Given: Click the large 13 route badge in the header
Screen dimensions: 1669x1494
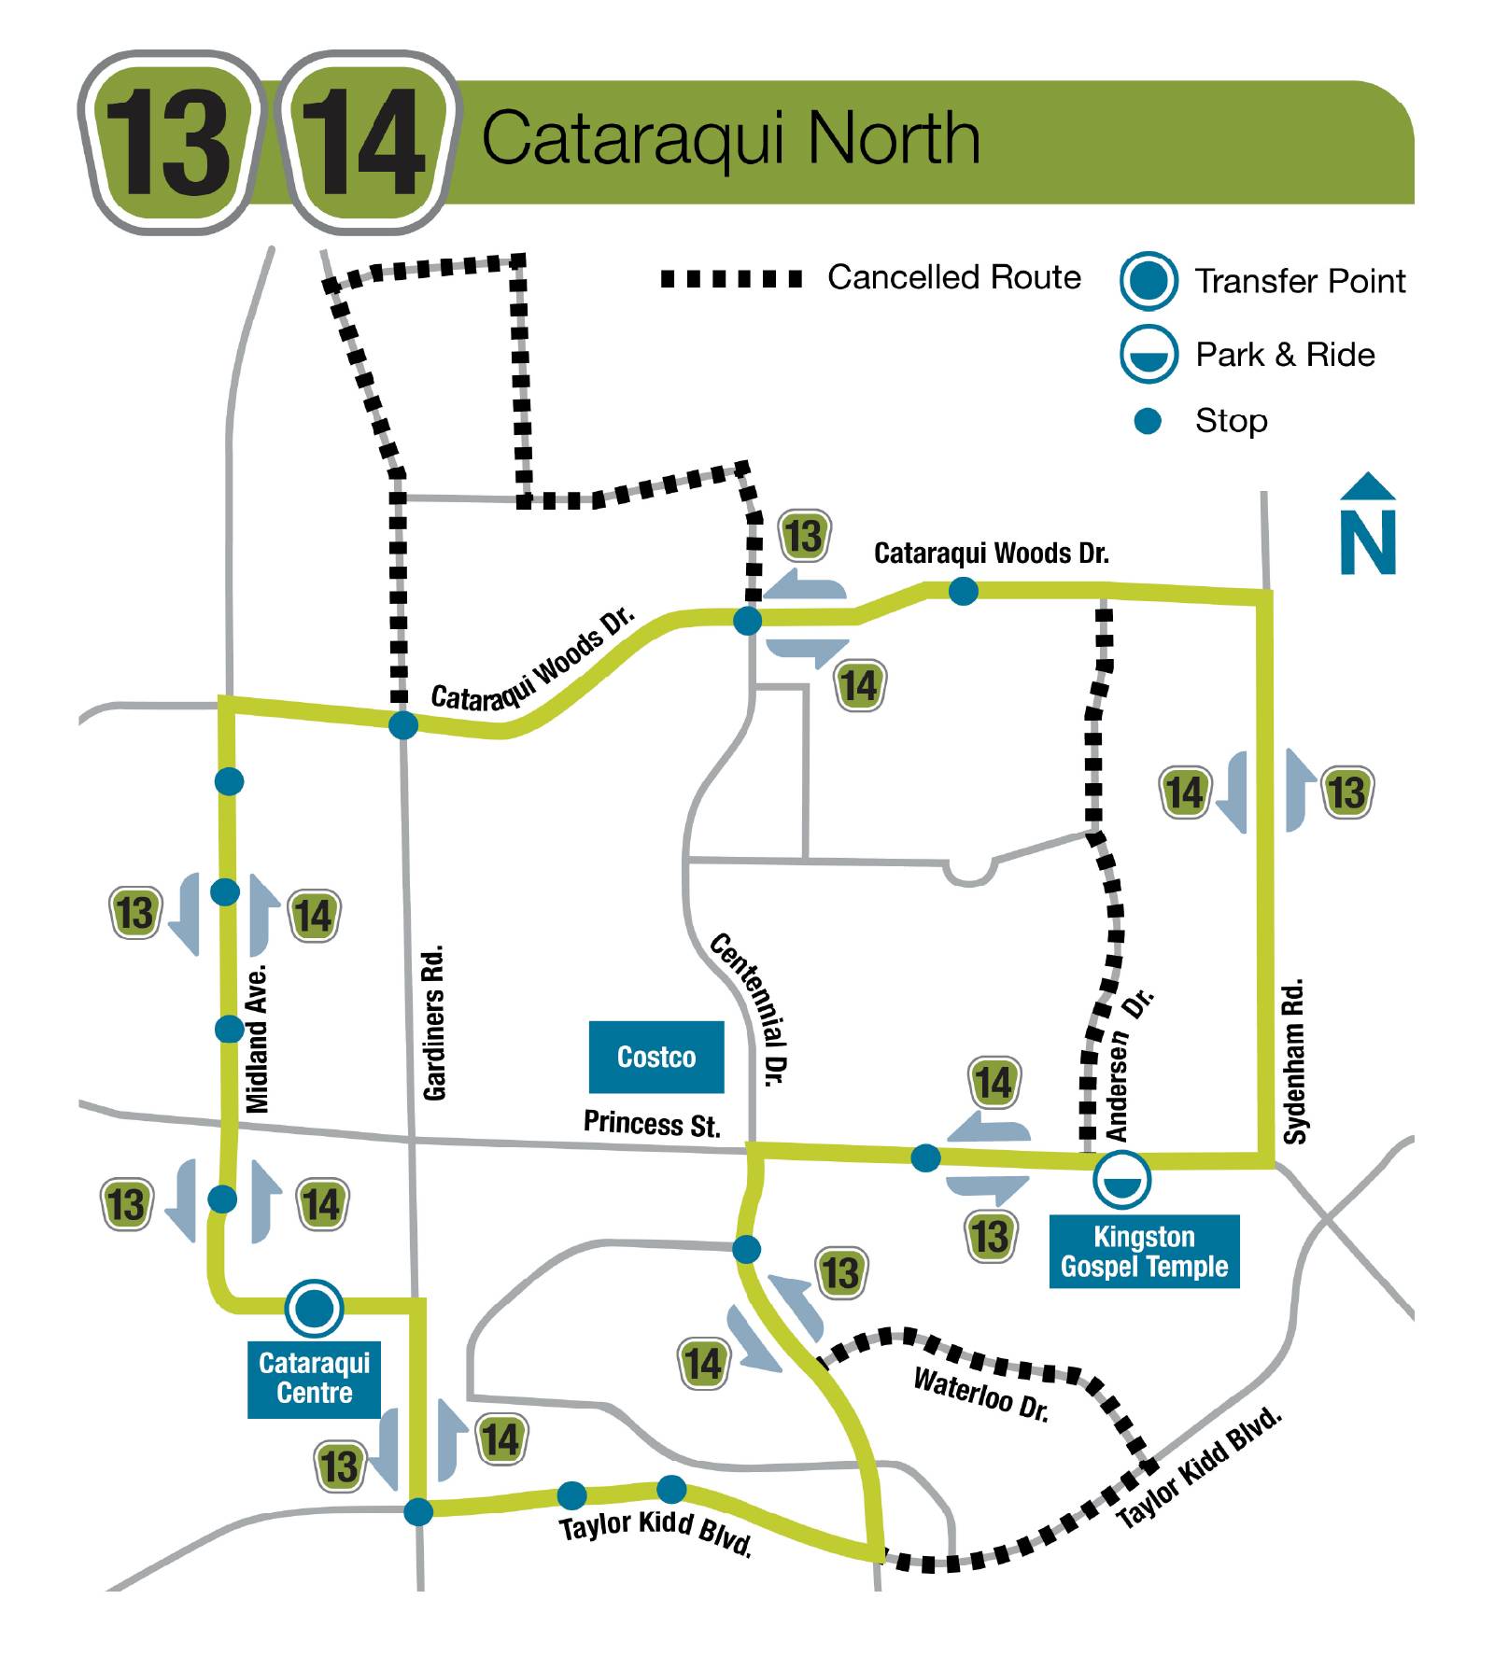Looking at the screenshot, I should tap(169, 143).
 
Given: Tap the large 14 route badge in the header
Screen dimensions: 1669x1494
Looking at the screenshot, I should tap(367, 143).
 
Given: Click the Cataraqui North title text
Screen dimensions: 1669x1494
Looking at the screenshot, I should tap(730, 138).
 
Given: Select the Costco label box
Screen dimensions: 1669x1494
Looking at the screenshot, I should tap(656, 1057).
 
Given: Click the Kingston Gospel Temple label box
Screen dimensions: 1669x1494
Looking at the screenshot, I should tap(1144, 1252).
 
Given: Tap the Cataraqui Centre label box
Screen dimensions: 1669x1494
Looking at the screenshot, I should tap(314, 1378).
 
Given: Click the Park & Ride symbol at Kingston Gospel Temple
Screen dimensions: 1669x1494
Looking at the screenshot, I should tap(1121, 1179).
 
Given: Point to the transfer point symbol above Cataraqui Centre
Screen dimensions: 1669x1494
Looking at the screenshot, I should tap(314, 1308).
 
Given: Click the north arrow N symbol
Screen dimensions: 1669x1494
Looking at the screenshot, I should tap(1368, 526).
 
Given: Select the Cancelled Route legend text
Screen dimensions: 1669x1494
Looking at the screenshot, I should tap(953, 277).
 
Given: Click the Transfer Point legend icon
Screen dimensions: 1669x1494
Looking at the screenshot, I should tap(1148, 280).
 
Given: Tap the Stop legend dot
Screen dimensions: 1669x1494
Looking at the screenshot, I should tap(1147, 421).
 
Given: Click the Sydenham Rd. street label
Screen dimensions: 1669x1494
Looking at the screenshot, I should tap(1294, 1061).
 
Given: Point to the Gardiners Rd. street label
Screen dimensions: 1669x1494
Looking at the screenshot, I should tap(434, 1022).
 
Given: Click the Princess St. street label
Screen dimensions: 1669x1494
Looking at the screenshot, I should tap(652, 1123).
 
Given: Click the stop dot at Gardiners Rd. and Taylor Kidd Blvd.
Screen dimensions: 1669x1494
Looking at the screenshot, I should tap(418, 1511).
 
